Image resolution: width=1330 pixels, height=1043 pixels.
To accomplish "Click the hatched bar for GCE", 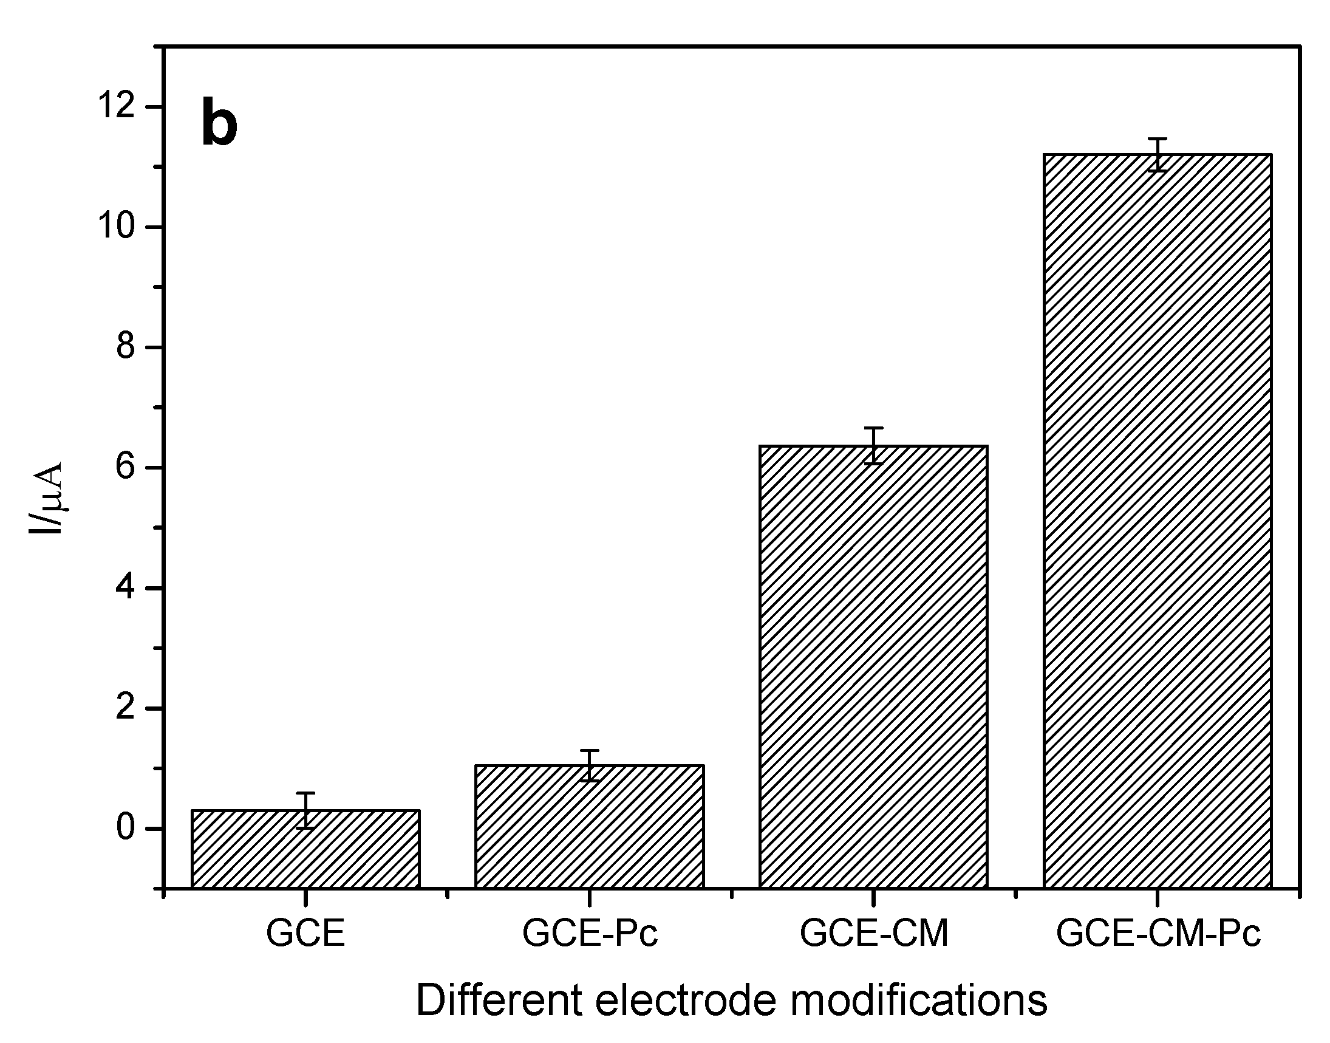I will (x=305, y=849).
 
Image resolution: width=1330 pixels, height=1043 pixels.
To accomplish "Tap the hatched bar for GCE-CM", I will (x=873, y=666).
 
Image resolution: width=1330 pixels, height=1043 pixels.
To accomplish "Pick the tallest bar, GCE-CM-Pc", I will (x=1158, y=519).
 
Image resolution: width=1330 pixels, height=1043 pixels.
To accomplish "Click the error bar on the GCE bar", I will (x=305, y=810).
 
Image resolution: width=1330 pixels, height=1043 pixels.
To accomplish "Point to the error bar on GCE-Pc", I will (x=590, y=765).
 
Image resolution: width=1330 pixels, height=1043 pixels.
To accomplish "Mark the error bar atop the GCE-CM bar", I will (x=873, y=445).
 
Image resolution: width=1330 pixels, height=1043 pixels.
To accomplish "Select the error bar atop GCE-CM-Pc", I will (x=1158, y=154).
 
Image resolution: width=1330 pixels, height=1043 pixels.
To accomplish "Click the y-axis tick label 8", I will (x=125, y=347).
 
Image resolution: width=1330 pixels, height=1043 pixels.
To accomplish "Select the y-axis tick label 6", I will (x=125, y=468).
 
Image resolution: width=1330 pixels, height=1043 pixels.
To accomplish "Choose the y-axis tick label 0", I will (x=125, y=829).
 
